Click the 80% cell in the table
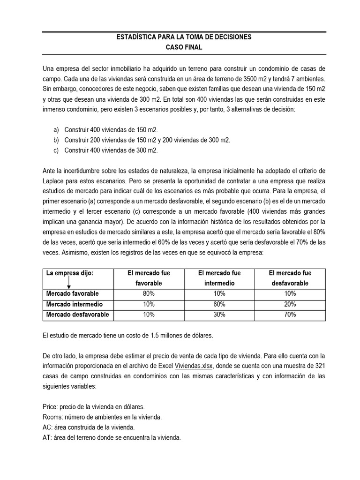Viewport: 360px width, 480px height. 149,293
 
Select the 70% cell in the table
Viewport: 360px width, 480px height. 290,315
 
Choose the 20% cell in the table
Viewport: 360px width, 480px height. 290,304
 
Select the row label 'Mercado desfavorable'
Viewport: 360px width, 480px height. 77,315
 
